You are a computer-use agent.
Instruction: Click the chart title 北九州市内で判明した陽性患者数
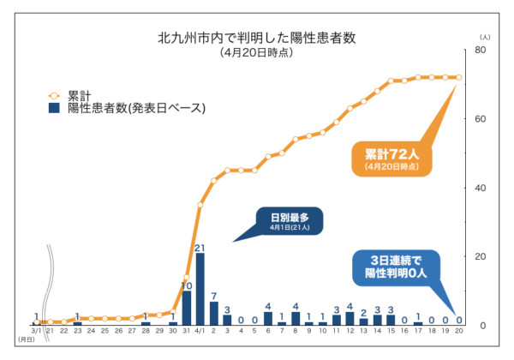point(256,38)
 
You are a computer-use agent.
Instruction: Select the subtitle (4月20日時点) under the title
point(256,53)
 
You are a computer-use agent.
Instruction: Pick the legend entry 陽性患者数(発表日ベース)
point(137,108)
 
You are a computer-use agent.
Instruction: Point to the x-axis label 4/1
point(199,330)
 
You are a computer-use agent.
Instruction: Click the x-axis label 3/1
point(36,330)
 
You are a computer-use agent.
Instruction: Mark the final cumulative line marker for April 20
point(458,77)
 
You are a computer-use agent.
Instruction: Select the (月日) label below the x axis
point(26,340)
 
